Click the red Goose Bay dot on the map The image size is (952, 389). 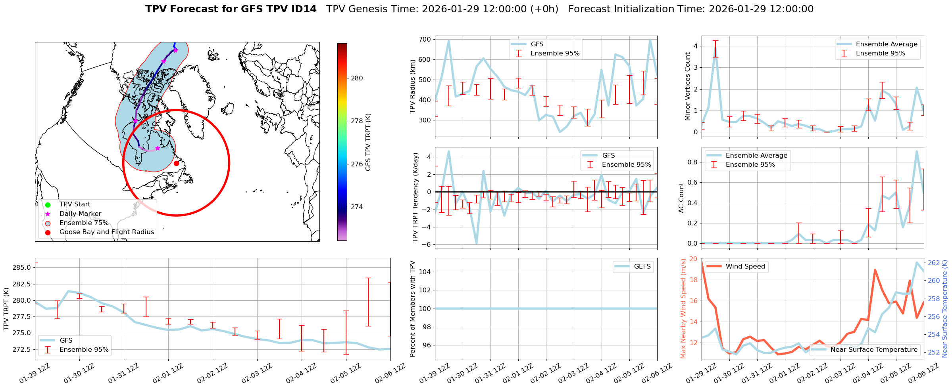click(x=176, y=163)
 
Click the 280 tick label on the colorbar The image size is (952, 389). click(x=357, y=78)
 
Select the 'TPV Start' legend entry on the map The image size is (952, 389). click(x=75, y=204)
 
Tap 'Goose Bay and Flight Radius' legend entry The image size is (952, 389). click(x=106, y=232)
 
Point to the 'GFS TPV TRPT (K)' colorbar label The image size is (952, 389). click(x=368, y=142)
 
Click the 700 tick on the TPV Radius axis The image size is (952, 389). click(x=425, y=39)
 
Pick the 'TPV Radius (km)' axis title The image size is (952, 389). click(x=413, y=86)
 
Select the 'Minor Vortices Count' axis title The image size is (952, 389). click(x=688, y=86)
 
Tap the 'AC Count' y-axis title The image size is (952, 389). click(x=681, y=198)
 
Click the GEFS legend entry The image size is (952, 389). click(x=642, y=267)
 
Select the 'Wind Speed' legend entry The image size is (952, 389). click(x=745, y=267)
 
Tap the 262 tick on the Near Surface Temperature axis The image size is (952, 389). click(x=934, y=263)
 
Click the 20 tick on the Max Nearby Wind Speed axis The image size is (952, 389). click(x=693, y=259)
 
